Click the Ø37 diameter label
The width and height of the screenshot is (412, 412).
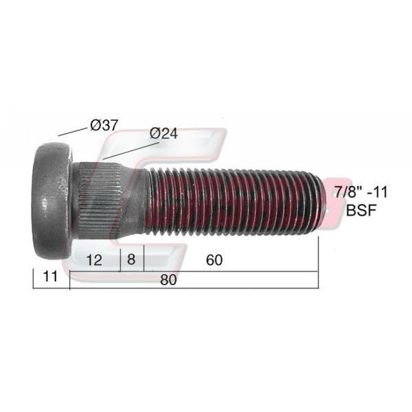104,125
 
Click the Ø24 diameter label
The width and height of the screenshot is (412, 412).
163,133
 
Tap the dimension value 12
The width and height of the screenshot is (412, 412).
94,260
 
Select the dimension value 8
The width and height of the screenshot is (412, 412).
131,259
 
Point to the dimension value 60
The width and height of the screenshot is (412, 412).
214,260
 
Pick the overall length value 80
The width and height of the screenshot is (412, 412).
168,279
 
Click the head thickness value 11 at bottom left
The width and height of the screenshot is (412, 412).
50,277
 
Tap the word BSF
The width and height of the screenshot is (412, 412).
361,210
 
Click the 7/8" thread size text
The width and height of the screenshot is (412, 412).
348,192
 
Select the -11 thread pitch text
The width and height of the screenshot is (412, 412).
378,192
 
